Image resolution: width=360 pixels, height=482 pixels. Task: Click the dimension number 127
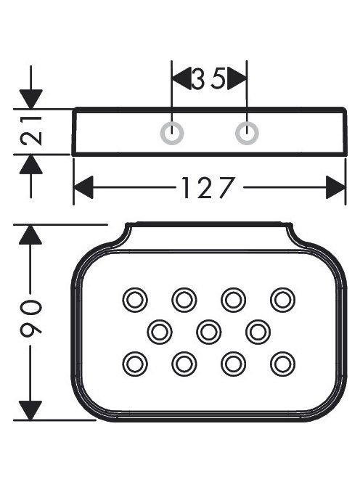(208, 187)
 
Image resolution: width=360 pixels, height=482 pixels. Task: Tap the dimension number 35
(209, 78)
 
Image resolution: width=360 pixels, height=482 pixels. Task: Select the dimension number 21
(31, 131)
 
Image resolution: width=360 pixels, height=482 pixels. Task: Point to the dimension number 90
(30, 317)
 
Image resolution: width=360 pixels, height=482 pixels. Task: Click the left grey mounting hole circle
(161, 134)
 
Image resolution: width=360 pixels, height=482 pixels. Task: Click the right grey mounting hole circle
(236, 134)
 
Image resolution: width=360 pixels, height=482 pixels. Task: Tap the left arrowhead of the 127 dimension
(83, 187)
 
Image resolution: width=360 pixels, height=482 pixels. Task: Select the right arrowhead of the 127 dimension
(336, 187)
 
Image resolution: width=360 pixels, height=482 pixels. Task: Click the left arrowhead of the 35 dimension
(182, 78)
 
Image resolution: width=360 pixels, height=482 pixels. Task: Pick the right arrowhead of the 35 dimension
(237, 78)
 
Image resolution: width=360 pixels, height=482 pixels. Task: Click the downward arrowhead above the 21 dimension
(30, 99)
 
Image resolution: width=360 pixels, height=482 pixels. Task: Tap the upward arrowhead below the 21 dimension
(30, 164)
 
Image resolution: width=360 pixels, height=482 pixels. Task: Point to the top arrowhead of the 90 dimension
(30, 235)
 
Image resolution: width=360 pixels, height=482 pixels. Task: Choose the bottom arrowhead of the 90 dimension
(30, 410)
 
